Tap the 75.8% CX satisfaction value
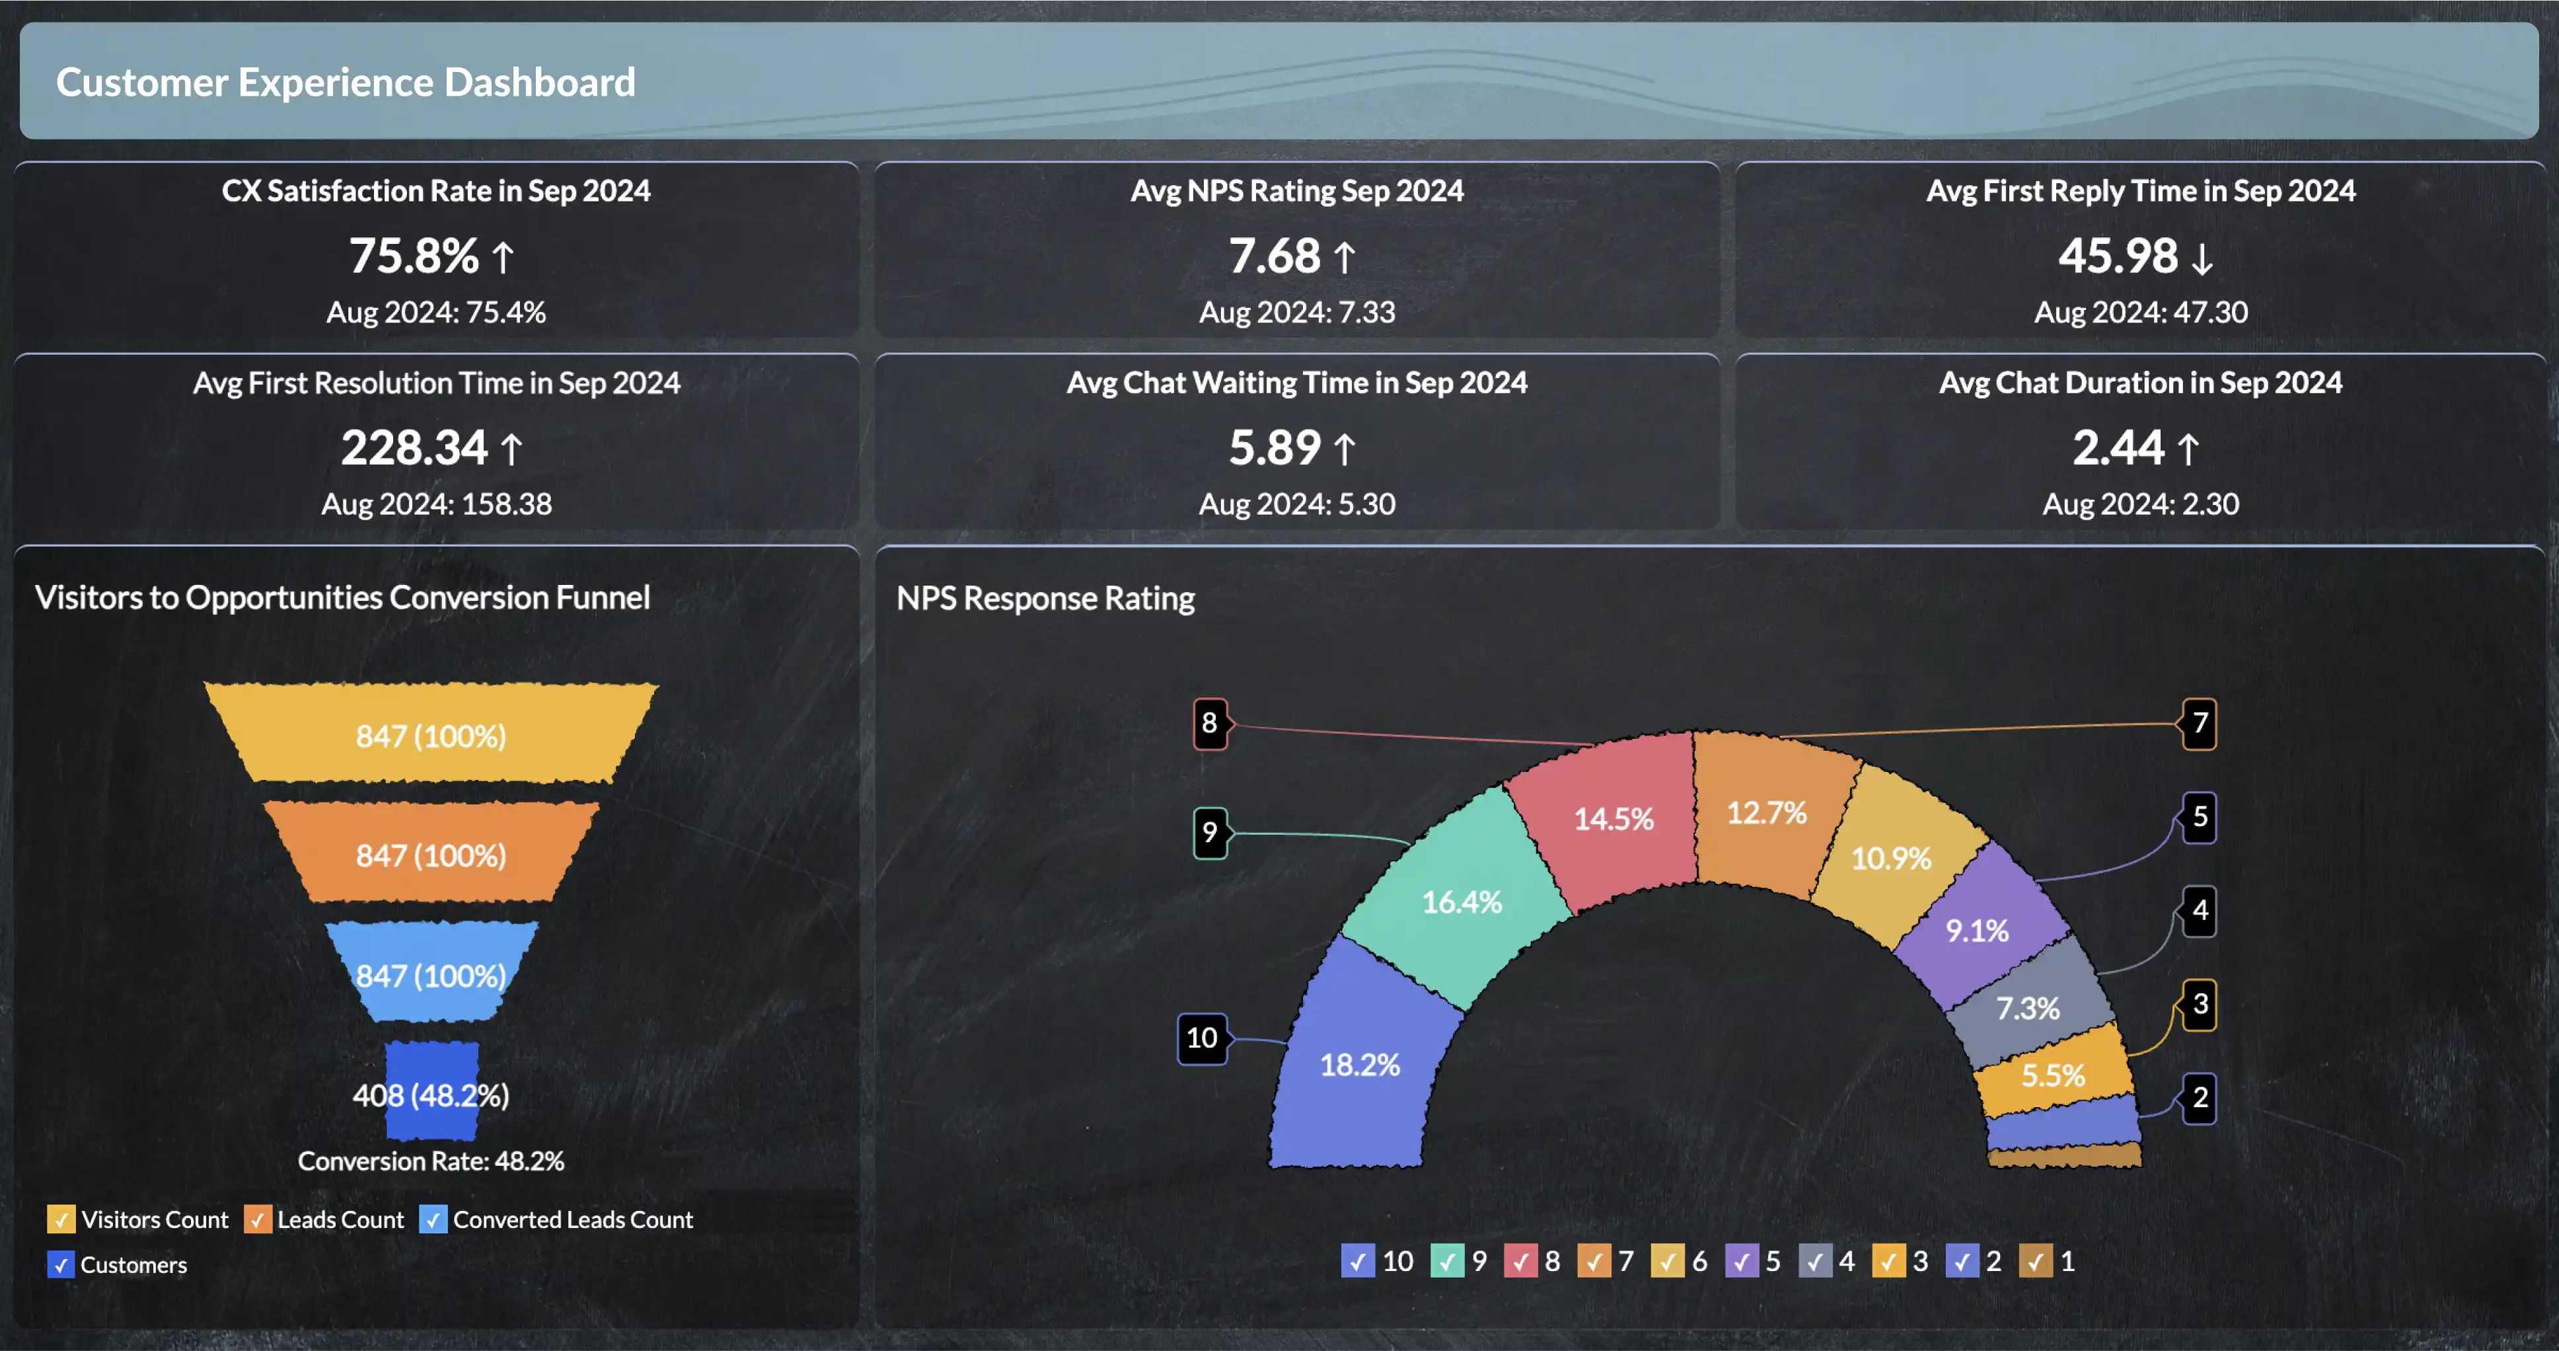pyautogui.click(x=414, y=256)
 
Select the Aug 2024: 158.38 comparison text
pyautogui.click(x=436, y=504)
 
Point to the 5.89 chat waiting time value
pyautogui.click(x=1275, y=448)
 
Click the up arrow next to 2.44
pyautogui.click(x=2188, y=449)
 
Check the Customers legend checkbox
pyautogui.click(x=61, y=1264)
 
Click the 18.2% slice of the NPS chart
pyautogui.click(x=1359, y=1065)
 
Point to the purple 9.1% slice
pyautogui.click(x=1977, y=931)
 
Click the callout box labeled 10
pyautogui.click(x=1202, y=1038)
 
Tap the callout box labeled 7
pyautogui.click(x=2200, y=723)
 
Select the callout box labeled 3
pyautogui.click(x=2200, y=1004)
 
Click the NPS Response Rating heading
pyautogui.click(x=1045, y=598)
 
